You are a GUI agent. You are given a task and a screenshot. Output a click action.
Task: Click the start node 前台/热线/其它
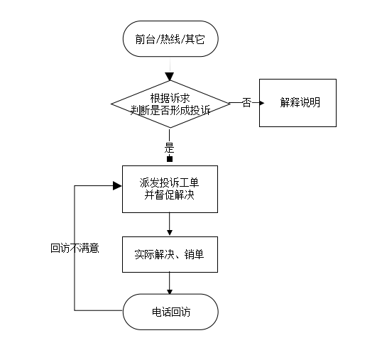tap(170, 39)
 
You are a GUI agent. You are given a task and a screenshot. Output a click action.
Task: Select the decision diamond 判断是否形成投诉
tap(170, 104)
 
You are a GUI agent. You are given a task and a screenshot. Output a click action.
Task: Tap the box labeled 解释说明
tap(298, 103)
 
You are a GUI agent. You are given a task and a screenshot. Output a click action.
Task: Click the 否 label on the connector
tap(246, 102)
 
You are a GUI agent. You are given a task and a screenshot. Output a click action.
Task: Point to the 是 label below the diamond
tap(169, 148)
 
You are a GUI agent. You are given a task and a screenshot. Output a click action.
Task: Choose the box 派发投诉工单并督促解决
tap(170, 190)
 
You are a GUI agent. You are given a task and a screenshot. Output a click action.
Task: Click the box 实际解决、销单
tap(170, 254)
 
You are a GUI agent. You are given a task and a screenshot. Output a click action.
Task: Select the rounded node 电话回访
tap(170, 312)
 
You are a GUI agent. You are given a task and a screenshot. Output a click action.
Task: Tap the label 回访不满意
tap(75, 249)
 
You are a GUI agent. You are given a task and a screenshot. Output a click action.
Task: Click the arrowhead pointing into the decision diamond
tap(170, 77)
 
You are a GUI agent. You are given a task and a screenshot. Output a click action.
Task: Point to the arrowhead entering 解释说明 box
tap(262, 103)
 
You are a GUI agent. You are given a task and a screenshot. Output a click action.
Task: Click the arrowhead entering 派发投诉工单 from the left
tap(117, 186)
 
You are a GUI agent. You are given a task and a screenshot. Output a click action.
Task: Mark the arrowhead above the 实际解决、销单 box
tap(170, 233)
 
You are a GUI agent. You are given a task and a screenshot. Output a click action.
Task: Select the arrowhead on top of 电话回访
tap(170, 292)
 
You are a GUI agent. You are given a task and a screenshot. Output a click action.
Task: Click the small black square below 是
tap(170, 159)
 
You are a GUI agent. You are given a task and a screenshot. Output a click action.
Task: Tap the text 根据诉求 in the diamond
tap(170, 99)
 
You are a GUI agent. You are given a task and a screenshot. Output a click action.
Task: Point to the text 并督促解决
tap(169, 195)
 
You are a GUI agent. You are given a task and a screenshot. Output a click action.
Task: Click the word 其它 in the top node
tap(195, 39)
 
